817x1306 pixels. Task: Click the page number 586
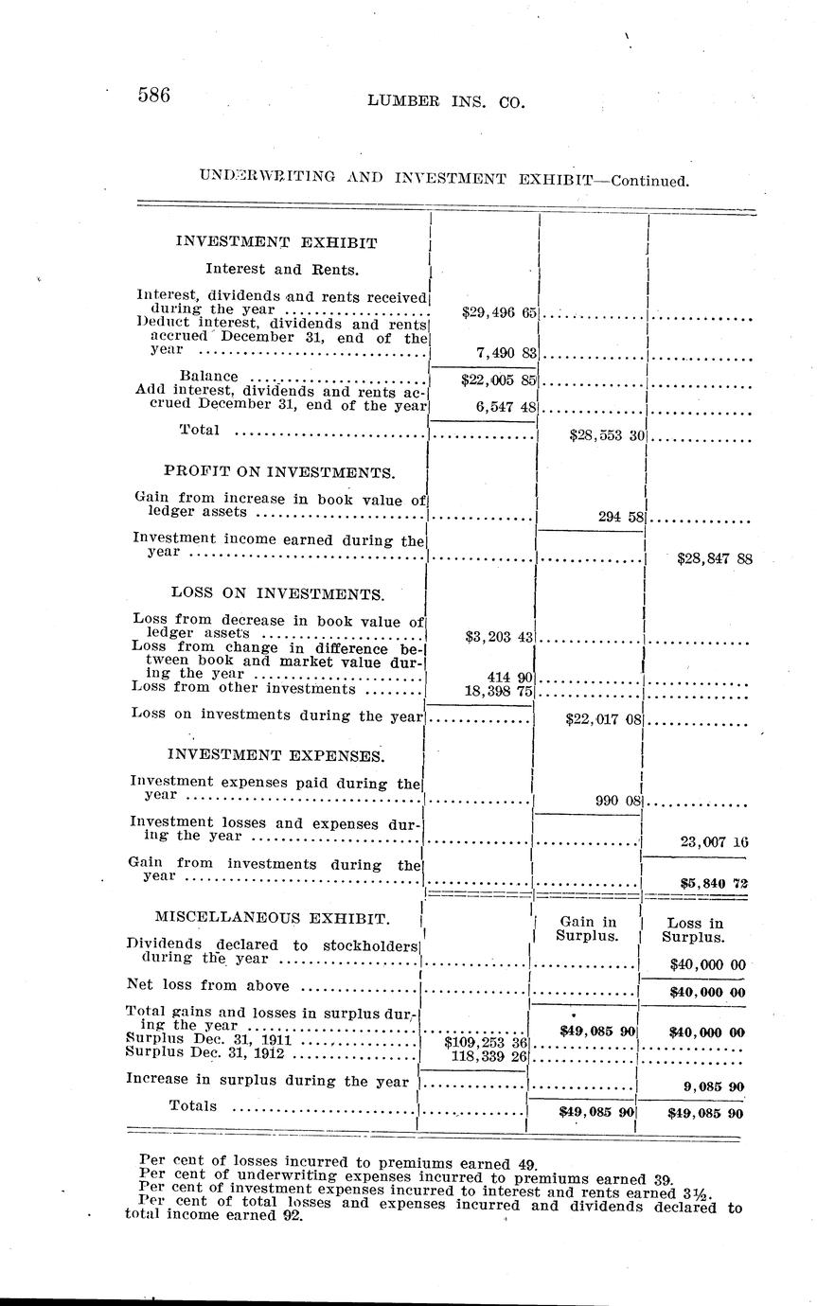point(153,95)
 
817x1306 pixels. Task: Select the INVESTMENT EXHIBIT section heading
point(276,242)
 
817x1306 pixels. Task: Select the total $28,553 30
point(607,435)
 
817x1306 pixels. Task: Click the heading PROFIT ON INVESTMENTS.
point(279,471)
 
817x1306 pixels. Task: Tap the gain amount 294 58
point(621,516)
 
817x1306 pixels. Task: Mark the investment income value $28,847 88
point(715,558)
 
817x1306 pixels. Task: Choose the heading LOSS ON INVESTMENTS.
point(277,594)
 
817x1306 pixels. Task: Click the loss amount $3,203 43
point(501,637)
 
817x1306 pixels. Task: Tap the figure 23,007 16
point(717,840)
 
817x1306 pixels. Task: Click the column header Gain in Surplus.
point(588,929)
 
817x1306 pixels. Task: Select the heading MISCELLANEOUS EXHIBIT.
point(271,918)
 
